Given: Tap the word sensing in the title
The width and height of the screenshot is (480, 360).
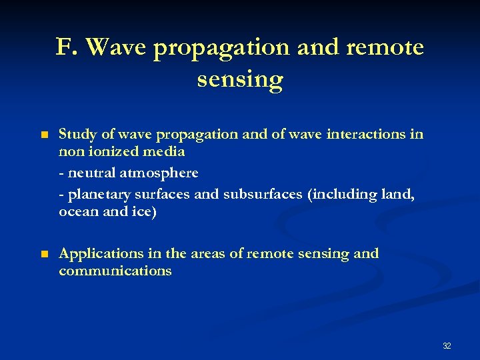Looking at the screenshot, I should [x=240, y=79].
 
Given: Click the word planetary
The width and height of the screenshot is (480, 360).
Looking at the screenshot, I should [x=95, y=195].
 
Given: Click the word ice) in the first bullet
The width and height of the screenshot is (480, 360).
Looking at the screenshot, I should [x=143, y=212].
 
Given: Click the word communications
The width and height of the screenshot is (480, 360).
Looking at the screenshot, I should [x=115, y=271].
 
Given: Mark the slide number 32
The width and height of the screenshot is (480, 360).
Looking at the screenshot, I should [x=447, y=345].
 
